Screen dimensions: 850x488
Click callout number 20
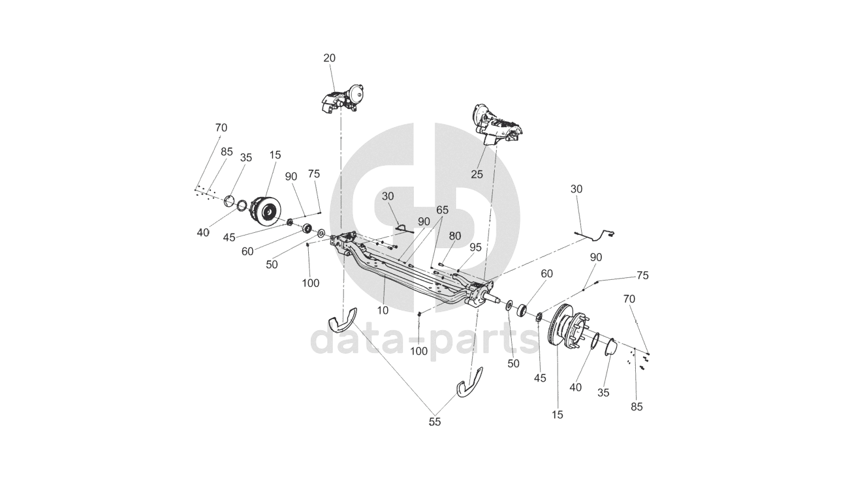[x=329, y=58]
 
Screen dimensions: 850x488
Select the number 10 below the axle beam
[x=383, y=311]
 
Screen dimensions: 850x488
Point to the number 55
[x=435, y=422]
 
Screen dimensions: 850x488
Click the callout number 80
[x=454, y=236]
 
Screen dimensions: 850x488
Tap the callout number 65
[x=443, y=210]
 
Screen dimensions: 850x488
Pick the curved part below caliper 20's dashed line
[x=346, y=319]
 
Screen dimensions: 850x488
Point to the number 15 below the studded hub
[x=558, y=414]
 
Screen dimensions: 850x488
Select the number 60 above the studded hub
[x=546, y=274]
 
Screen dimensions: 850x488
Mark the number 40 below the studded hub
[x=575, y=387]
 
